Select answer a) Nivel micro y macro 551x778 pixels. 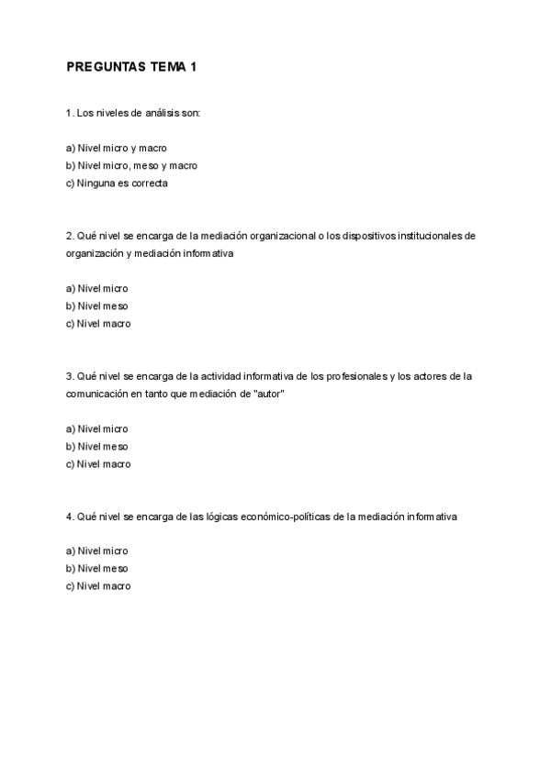pos(116,148)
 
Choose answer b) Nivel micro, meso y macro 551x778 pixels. pos(131,165)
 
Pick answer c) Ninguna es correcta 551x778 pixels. pos(117,183)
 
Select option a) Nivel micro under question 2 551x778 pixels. pos(97,288)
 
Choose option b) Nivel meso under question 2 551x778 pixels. pos(97,306)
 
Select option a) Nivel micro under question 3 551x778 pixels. pos(97,428)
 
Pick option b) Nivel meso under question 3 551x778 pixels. pos(97,446)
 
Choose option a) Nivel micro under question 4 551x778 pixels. pos(97,550)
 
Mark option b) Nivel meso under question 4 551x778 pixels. pos(97,568)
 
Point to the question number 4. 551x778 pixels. pos(70,517)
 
